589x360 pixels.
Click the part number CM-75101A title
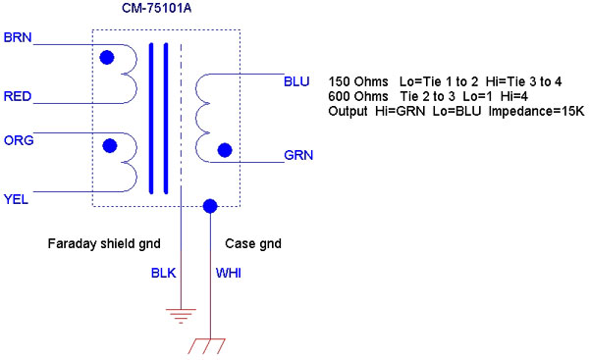156,8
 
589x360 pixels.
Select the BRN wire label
18,37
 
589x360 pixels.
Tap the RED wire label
18,96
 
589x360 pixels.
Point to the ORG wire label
19,140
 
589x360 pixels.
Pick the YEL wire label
16,199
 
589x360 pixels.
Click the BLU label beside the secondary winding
296,81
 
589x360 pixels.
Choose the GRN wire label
298,155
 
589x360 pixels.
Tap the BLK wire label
163,273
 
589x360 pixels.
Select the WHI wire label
228,273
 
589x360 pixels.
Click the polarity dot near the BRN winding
107,58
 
